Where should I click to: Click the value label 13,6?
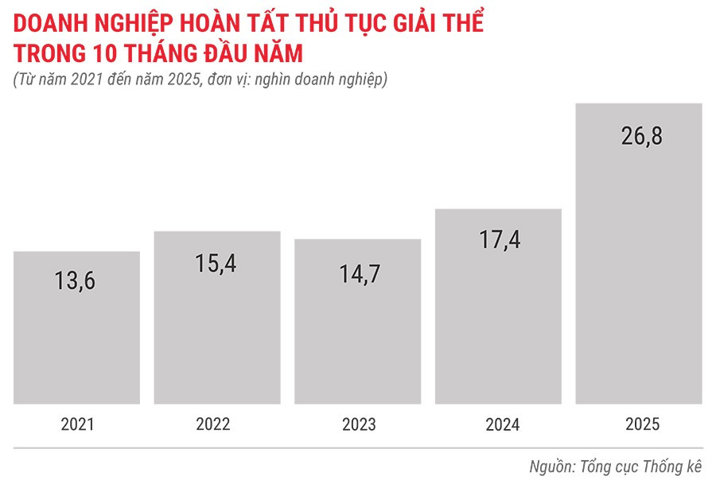(76, 280)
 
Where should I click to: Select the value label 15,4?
(216, 263)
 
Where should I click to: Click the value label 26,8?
(641, 135)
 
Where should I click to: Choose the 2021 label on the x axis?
(77, 424)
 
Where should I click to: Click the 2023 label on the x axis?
(358, 424)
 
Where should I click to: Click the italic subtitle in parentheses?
(200, 80)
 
